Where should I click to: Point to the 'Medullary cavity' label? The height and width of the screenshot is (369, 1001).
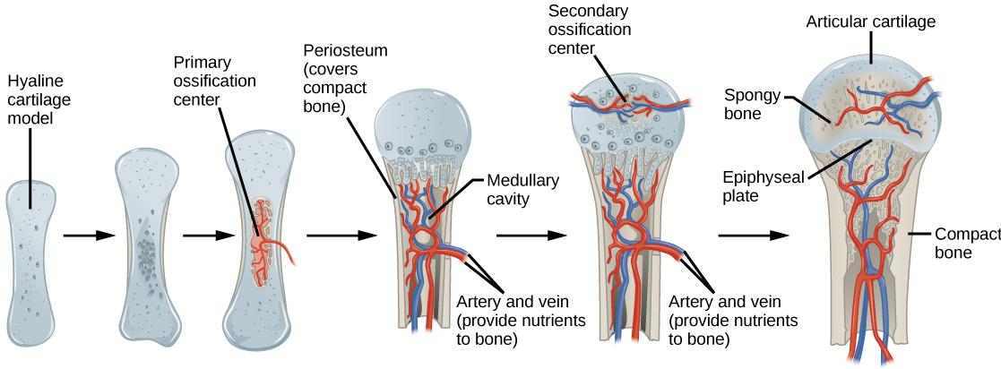(x=522, y=189)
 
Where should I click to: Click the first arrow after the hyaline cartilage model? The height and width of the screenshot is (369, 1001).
(x=89, y=236)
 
